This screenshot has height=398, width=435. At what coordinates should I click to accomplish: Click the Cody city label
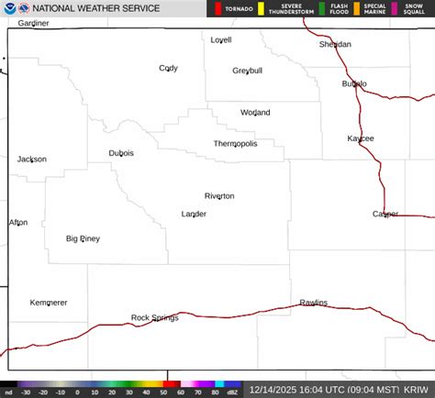coord(168,68)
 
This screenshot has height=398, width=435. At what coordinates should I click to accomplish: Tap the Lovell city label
coord(221,40)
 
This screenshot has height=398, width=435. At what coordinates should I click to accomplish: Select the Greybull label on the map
coord(247,71)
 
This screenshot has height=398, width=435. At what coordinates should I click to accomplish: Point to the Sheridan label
coord(335,44)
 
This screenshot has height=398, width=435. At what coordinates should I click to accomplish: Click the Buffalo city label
coord(354,83)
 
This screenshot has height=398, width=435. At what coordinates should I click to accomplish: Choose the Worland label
coord(255,113)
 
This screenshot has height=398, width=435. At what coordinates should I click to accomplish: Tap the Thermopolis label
coord(236,144)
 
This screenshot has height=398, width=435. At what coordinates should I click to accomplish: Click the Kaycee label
coord(361,138)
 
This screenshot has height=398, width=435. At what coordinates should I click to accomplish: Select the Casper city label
coord(385,214)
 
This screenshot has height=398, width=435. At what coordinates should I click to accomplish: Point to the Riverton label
coord(219,195)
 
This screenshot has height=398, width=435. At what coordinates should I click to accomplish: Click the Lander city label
coord(194,214)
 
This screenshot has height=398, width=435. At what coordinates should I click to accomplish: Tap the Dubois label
coord(121,153)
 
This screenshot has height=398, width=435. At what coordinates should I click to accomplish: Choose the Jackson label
coord(32,160)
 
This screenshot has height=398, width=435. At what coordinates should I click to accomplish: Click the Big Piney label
coord(83,238)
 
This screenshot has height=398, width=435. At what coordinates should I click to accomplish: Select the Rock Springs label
coord(154,317)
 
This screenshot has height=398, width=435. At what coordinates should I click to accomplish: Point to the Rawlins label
coord(313,303)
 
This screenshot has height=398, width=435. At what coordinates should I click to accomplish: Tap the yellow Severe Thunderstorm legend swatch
coord(261,9)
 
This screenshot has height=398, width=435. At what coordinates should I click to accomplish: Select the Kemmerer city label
coord(49,303)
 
